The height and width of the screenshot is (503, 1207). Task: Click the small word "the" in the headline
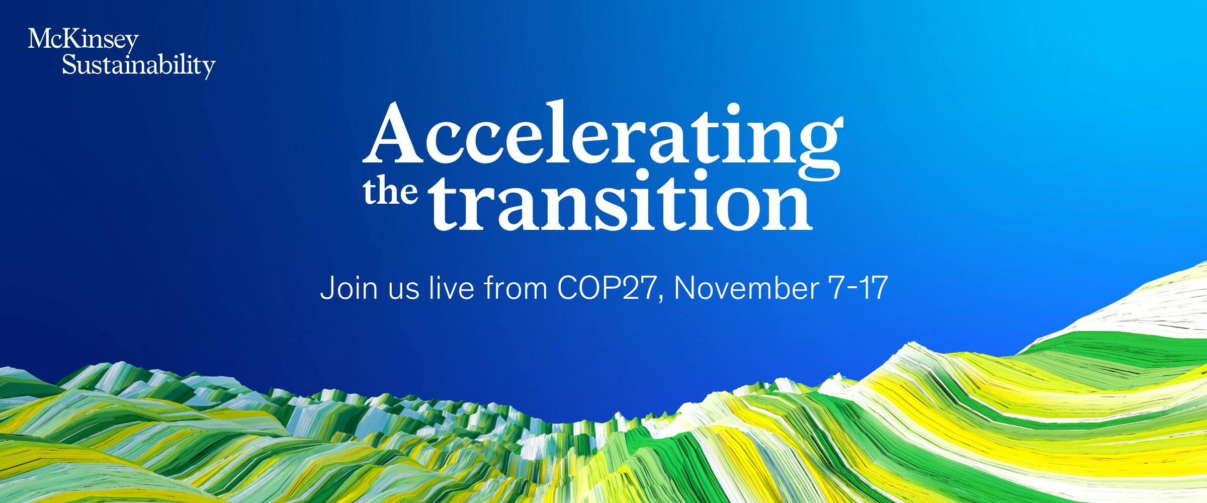tap(390, 194)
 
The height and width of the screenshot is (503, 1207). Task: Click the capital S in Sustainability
tap(69, 64)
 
